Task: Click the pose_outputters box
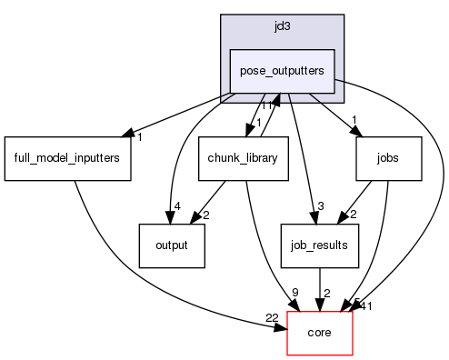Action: tap(282, 71)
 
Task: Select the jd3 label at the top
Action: tap(282, 26)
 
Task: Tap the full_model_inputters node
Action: tap(67, 158)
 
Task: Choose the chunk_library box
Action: tap(243, 158)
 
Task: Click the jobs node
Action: tap(388, 158)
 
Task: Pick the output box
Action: tap(171, 245)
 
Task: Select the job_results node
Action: tap(313, 245)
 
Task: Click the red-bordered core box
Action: tap(319, 333)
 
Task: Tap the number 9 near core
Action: tap(294, 292)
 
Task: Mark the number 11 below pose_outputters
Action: tap(267, 105)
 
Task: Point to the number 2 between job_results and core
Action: tap(327, 293)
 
